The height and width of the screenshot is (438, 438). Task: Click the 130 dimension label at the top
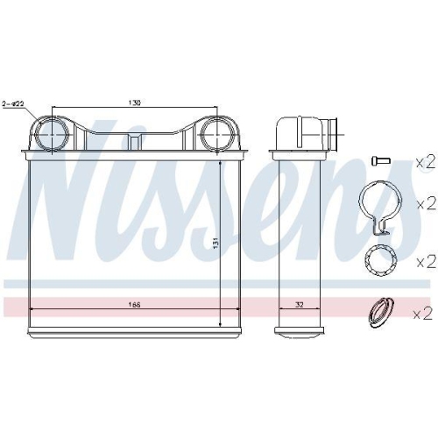pos(134,102)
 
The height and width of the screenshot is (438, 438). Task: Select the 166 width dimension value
pos(134,304)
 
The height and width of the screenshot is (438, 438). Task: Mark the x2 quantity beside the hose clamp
pos(425,204)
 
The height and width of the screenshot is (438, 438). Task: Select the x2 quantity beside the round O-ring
pos(425,261)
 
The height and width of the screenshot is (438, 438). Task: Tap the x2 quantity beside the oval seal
pos(425,311)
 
